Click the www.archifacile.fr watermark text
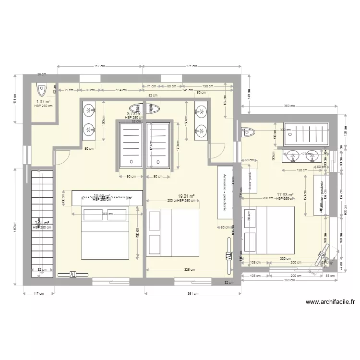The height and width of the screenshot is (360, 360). (x=330, y=302)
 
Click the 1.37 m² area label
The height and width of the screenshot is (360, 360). (x=43, y=102)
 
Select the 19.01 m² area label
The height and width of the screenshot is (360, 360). (x=186, y=196)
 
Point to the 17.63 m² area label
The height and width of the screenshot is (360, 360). (x=285, y=195)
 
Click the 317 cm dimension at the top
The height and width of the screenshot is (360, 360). (x=99, y=66)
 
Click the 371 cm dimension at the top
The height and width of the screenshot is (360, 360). (x=192, y=66)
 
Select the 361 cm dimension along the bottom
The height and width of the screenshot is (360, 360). (x=192, y=294)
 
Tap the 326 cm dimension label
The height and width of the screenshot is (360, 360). (x=190, y=270)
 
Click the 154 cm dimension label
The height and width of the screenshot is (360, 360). (x=121, y=90)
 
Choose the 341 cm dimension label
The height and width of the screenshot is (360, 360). (x=188, y=90)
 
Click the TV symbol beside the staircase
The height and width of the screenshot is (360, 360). (x=73, y=274)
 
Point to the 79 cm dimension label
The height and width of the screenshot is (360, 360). (x=69, y=90)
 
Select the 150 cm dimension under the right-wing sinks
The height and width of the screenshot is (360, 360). (x=301, y=170)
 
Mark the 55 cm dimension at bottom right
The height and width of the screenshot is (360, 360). (x=330, y=276)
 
